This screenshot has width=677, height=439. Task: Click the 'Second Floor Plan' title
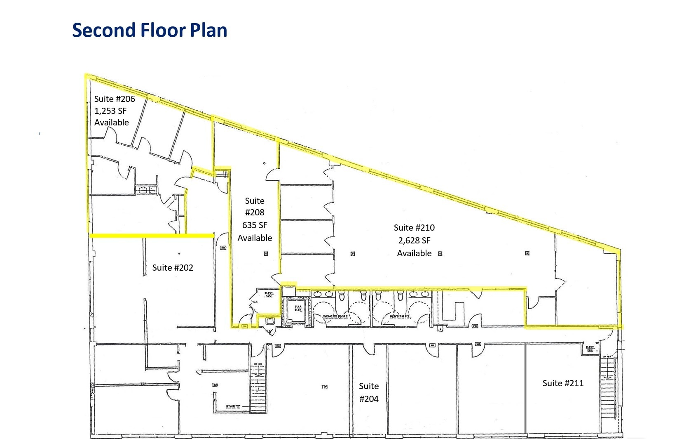click(x=150, y=31)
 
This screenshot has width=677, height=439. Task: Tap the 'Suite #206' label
click(x=115, y=99)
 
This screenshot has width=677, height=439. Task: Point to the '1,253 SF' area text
click(x=110, y=111)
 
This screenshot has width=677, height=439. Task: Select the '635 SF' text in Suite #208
click(x=255, y=225)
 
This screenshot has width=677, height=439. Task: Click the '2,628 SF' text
click(x=414, y=241)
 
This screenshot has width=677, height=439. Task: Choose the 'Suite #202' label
click(x=173, y=268)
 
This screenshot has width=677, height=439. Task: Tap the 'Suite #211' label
click(x=563, y=383)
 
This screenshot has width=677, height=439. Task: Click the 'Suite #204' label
click(x=369, y=392)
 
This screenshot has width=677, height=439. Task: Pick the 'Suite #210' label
click(x=414, y=228)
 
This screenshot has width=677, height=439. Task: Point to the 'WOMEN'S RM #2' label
click(x=335, y=316)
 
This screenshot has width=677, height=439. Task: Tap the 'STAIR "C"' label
click(x=233, y=407)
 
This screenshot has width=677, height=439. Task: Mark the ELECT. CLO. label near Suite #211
click(x=590, y=349)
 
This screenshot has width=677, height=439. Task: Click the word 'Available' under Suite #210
click(x=414, y=253)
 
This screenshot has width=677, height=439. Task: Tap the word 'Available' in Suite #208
click(x=255, y=238)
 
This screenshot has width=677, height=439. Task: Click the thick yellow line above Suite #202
click(x=152, y=236)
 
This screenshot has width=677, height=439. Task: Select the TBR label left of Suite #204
click(x=324, y=387)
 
